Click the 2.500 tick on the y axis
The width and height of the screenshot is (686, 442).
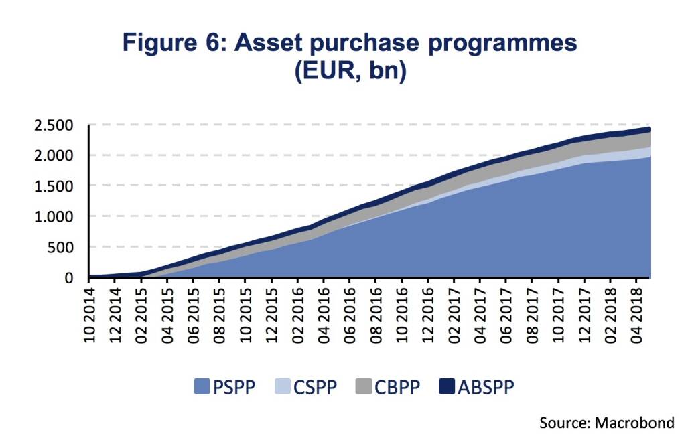(x=59, y=125)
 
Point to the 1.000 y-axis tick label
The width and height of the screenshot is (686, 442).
(x=59, y=217)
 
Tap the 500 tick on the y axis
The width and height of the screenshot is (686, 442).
(x=68, y=247)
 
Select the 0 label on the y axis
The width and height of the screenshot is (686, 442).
(x=76, y=277)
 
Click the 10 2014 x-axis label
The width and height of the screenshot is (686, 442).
(x=90, y=315)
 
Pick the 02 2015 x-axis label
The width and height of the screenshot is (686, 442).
(x=143, y=315)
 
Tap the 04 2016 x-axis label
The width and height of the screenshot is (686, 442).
(x=325, y=315)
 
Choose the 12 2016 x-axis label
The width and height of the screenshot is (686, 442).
(x=429, y=315)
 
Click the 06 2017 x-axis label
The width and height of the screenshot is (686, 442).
(x=507, y=315)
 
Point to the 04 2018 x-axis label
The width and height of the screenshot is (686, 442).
(x=637, y=315)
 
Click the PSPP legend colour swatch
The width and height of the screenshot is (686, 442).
(x=201, y=386)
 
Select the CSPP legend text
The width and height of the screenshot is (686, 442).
(x=316, y=387)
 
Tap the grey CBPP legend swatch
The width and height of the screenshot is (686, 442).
(x=364, y=386)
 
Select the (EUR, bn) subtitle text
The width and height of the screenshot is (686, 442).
(x=350, y=71)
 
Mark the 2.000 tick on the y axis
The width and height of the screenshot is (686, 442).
(x=59, y=156)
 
